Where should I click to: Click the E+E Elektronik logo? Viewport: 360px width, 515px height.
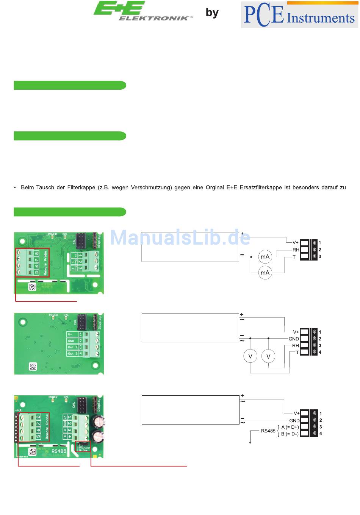tap(142, 11)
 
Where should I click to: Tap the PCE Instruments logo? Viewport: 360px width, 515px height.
tap(299, 15)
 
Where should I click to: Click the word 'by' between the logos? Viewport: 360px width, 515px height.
tap(212, 13)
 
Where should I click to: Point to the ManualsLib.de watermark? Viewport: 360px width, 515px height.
tap(180, 238)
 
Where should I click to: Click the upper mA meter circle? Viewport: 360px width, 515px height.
tap(265, 257)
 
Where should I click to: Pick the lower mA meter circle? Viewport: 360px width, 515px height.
tap(265, 273)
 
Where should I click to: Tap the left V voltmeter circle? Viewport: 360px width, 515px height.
tap(250, 356)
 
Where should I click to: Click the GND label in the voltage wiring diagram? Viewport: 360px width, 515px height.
tap(294, 339)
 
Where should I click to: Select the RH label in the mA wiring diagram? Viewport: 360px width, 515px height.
tap(296, 250)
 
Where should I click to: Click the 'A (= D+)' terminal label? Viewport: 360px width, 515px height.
tap(290, 427)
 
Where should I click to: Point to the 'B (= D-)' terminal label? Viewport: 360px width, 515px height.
tap(290, 434)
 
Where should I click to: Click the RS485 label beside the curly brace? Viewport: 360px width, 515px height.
tap(268, 431)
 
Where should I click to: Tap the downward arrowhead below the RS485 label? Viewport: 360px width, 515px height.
tap(250, 442)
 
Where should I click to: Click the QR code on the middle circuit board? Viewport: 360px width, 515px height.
tap(33, 366)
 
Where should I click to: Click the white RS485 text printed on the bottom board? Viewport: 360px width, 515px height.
tap(59, 451)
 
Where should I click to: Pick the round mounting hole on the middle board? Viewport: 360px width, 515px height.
tap(23, 322)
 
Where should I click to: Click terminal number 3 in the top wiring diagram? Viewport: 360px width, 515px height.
tap(320, 257)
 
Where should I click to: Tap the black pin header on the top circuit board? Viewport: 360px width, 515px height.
tap(81, 239)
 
